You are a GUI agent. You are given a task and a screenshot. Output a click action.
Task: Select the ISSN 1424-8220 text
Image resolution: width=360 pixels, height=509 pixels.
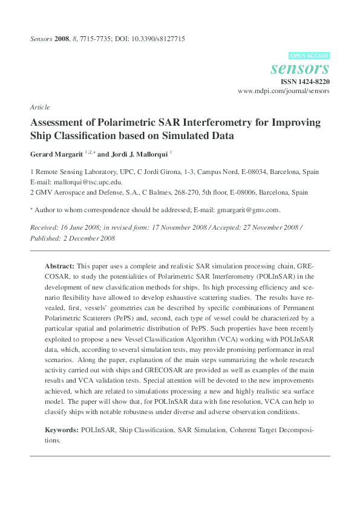pyautogui.click(x=305, y=80)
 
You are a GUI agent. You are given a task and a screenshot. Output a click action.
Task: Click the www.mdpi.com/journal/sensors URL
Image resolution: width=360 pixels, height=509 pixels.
pyautogui.click(x=284, y=91)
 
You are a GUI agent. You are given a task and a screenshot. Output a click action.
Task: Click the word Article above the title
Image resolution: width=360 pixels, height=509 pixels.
pyautogui.click(x=39, y=107)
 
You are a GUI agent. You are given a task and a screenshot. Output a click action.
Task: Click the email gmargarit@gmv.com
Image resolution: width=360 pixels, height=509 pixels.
pyautogui.click(x=250, y=210)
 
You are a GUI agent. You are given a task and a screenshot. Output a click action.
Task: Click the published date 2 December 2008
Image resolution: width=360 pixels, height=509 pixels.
pyautogui.click(x=84, y=238)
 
